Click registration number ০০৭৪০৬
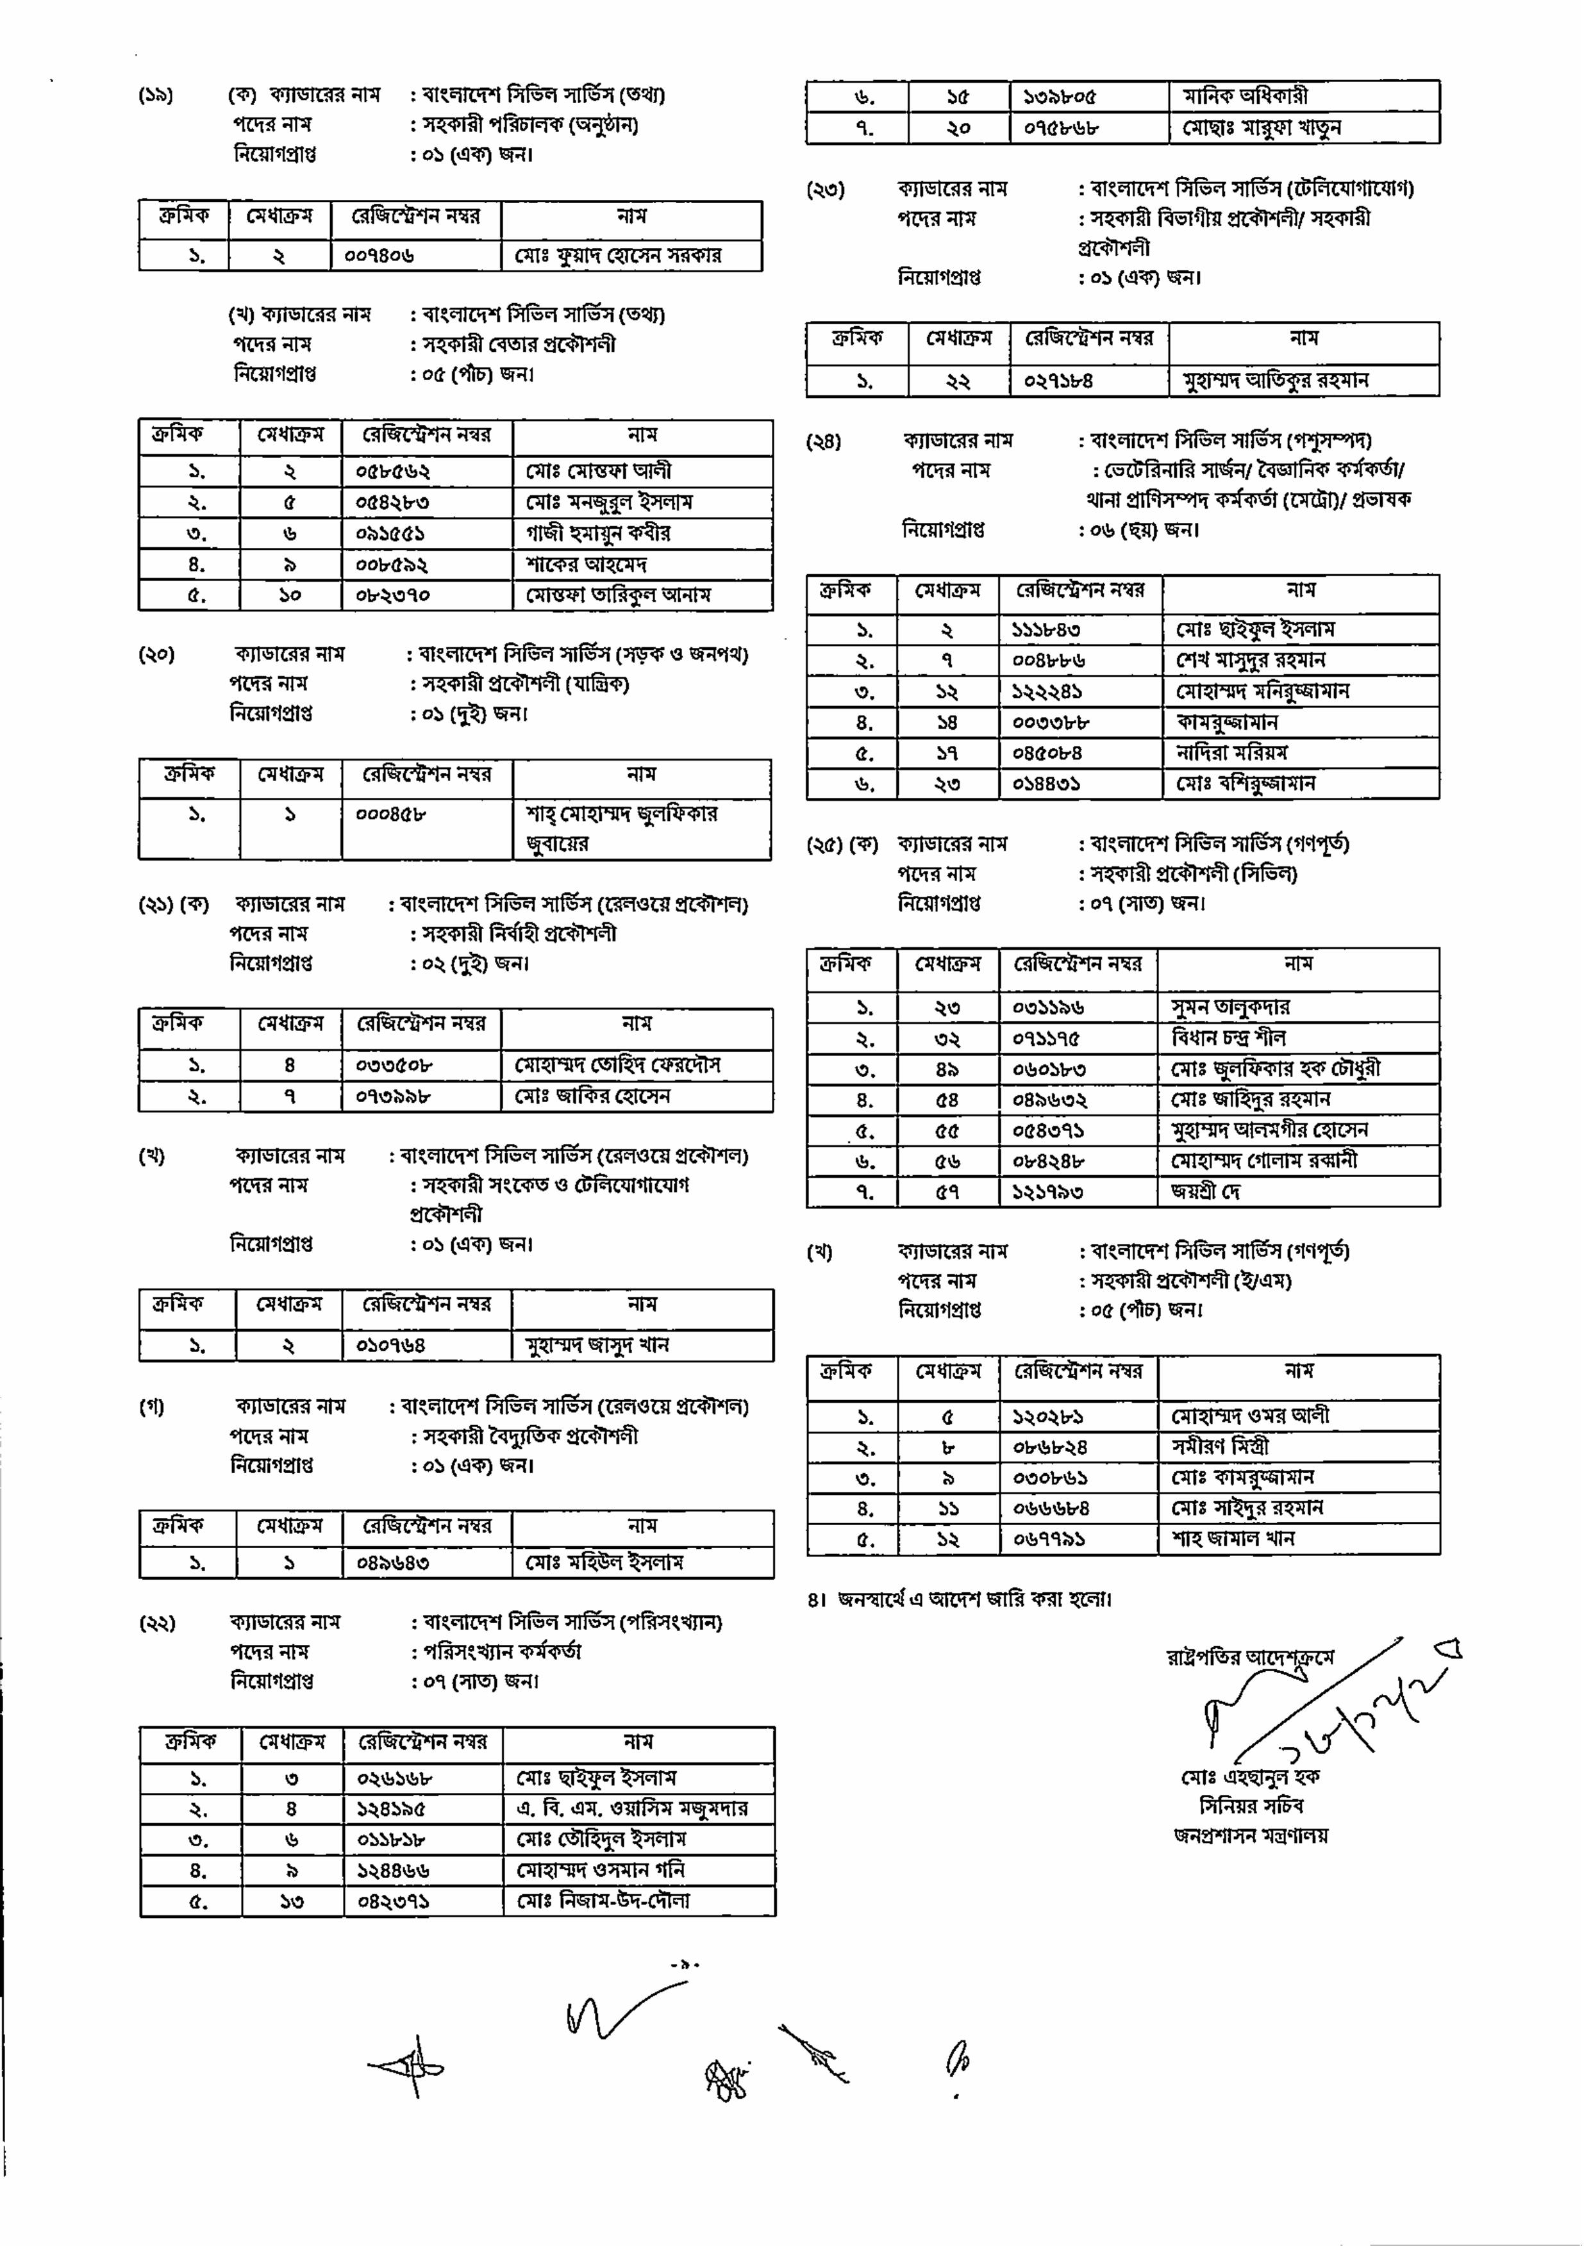pyautogui.click(x=379, y=256)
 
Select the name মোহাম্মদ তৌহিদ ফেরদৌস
pyautogui.click(x=617, y=1065)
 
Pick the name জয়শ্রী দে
pyautogui.click(x=1206, y=1191)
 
